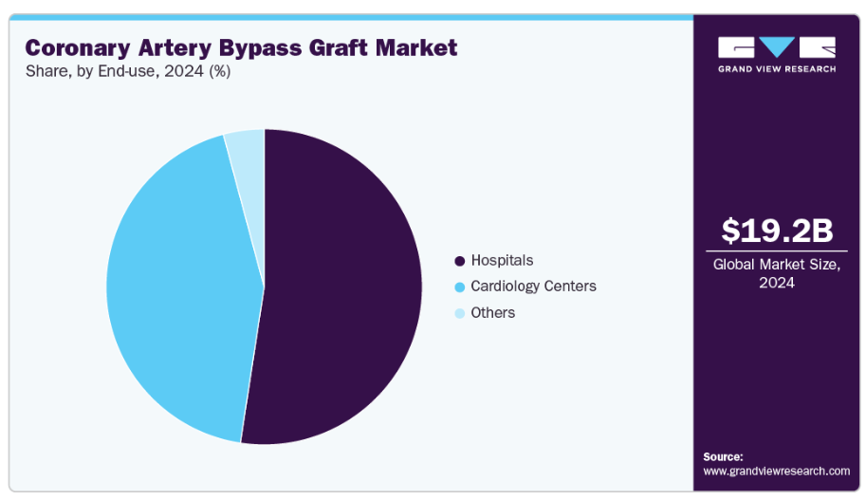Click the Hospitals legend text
502,260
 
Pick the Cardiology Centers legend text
533,286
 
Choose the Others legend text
492,312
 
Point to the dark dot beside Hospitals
460,261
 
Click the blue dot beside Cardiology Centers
460,287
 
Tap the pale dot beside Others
460,313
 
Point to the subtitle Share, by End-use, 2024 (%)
128,71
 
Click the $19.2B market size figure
776,231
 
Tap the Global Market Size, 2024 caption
776,273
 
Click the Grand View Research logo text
776,69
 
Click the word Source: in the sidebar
723,456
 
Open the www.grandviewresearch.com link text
776,471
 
